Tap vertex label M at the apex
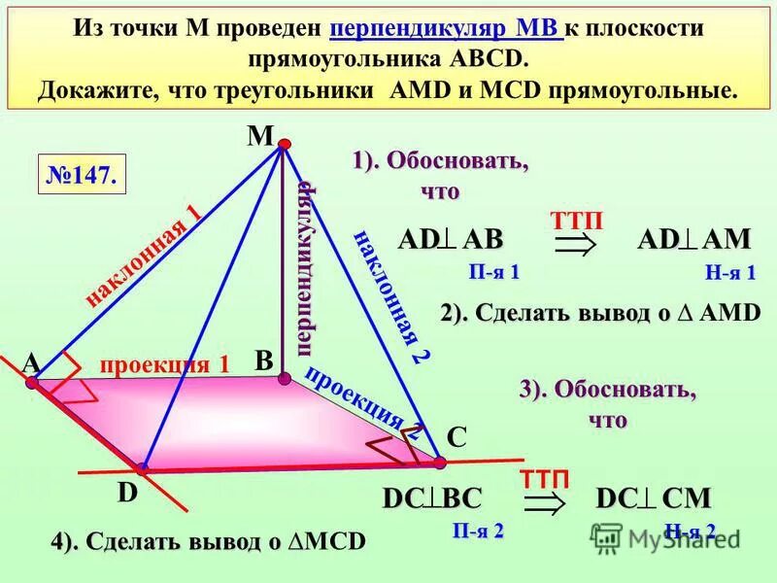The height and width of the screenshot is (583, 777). pyautogui.click(x=259, y=135)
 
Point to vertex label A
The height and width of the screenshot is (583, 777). pyautogui.click(x=32, y=362)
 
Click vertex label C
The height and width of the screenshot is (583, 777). pyautogui.click(x=456, y=438)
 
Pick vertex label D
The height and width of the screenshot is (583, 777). pyautogui.click(x=126, y=494)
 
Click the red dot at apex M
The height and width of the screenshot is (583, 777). pyautogui.click(x=285, y=145)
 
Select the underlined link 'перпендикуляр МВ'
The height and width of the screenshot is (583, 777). pyautogui.click(x=446, y=28)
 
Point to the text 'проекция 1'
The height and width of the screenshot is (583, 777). pyautogui.click(x=165, y=364)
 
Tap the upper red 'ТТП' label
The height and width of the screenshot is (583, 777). pyautogui.click(x=576, y=222)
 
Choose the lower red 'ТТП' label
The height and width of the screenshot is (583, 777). pyautogui.click(x=544, y=477)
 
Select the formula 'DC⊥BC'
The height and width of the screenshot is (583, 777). pyautogui.click(x=432, y=498)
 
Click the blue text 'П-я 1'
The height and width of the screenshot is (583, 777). pyautogui.click(x=493, y=272)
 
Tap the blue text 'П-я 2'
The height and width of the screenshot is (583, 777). pyautogui.click(x=478, y=531)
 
